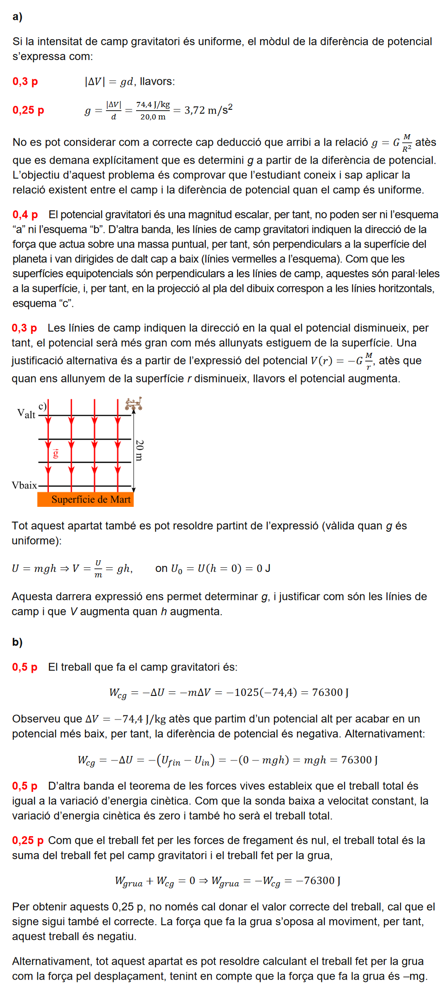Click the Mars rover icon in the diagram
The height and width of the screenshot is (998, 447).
click(133, 404)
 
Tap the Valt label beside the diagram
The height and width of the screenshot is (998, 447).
click(26, 413)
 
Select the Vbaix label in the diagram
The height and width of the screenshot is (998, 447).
click(24, 485)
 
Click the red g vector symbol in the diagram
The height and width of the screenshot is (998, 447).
click(56, 453)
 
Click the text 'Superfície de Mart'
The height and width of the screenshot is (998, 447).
click(91, 499)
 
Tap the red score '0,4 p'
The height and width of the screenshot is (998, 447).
click(25, 214)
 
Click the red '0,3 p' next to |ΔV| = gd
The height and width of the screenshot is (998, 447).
click(25, 82)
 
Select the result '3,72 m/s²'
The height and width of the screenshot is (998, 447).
click(209, 110)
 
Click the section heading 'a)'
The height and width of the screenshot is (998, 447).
click(18, 17)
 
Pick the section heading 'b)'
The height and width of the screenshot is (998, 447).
click(18, 642)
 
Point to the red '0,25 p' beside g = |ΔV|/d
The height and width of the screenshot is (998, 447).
click(28, 110)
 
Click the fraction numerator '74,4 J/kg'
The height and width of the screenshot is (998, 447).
click(153, 105)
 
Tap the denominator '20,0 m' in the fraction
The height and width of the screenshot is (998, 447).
click(153, 117)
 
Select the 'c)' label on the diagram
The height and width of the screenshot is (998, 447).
click(42, 406)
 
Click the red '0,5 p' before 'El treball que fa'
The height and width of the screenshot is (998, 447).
click(24, 667)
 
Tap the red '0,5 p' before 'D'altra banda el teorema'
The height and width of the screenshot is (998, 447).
click(24, 786)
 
